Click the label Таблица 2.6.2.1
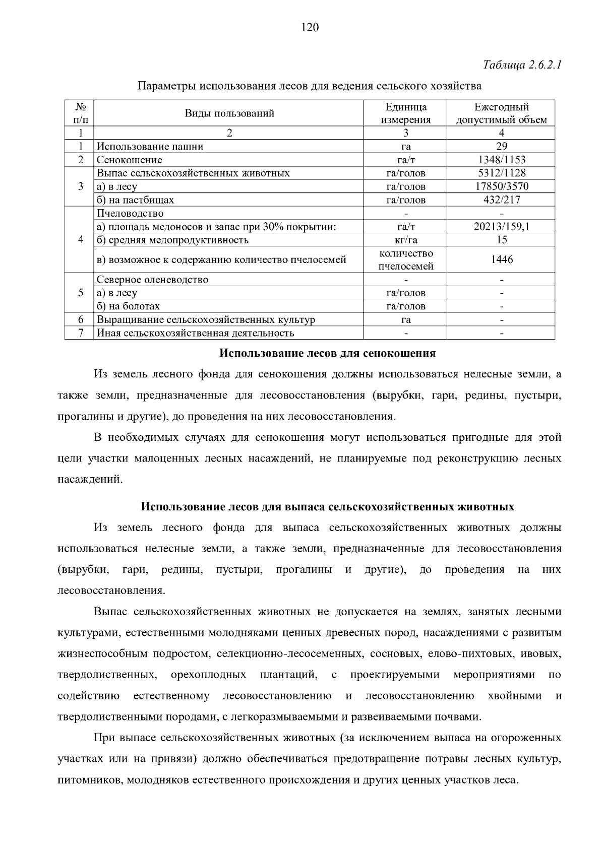[x=522, y=65]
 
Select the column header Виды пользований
[x=229, y=113]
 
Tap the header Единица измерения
[x=405, y=113]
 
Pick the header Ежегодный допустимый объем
[x=501, y=113]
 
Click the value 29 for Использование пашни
[x=501, y=147]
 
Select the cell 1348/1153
[x=501, y=160]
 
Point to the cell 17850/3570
[x=501, y=186]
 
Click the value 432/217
[x=501, y=200]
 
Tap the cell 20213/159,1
[x=501, y=227]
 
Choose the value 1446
[x=501, y=259]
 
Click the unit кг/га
[x=405, y=240]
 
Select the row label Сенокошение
[x=130, y=160]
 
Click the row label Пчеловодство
[x=130, y=213]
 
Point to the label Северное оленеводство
[x=152, y=280]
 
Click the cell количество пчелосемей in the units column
[x=405, y=259]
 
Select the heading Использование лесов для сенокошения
[x=327, y=353]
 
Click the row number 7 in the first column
[x=80, y=333]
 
